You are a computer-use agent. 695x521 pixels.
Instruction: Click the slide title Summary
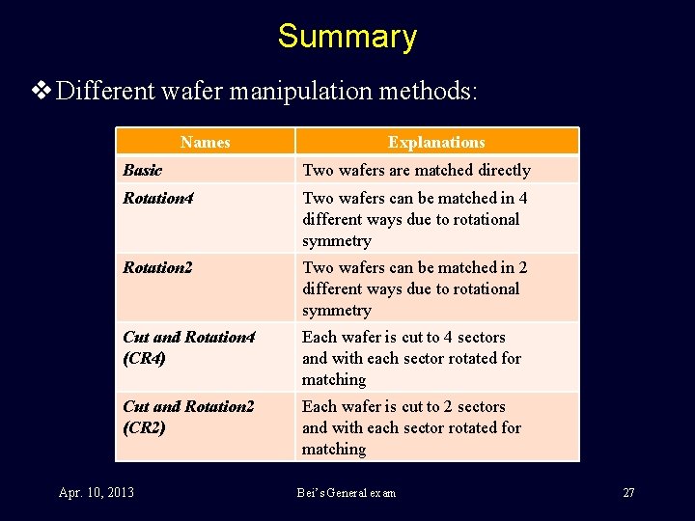pos(347,37)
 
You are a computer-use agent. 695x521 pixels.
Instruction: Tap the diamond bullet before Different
pos(42,92)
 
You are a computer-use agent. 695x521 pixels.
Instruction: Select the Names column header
pos(205,142)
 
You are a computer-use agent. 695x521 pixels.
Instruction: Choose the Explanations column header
pos(436,142)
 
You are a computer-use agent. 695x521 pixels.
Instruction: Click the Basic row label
pos(143,170)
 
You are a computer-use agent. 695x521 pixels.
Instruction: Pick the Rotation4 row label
pos(157,198)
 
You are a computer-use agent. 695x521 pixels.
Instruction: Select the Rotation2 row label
pos(157,267)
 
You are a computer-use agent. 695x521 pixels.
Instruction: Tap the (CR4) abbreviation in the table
pos(145,358)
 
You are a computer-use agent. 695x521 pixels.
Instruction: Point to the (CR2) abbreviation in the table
pos(145,427)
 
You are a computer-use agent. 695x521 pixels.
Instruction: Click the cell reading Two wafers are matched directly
pos(416,170)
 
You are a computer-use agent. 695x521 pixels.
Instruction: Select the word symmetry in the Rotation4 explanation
pos(337,240)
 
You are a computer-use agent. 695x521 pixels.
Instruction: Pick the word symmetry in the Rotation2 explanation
pos(337,310)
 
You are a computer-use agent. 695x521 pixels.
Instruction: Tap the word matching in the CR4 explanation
pos(334,379)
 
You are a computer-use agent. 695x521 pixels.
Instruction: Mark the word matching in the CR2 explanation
pos(334,449)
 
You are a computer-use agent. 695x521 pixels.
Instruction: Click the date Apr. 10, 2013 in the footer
pos(96,493)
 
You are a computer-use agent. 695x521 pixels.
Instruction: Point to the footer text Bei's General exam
pos(346,493)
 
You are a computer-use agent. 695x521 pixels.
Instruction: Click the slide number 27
pos(628,493)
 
